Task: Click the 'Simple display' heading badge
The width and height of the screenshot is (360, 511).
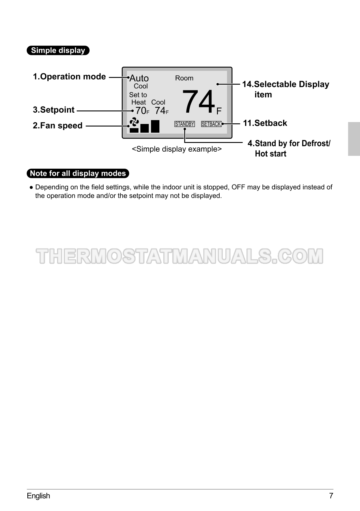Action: click(x=58, y=51)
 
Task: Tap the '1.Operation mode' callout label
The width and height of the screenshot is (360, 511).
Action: click(x=69, y=77)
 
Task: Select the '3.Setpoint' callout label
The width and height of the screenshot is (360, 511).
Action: click(x=53, y=110)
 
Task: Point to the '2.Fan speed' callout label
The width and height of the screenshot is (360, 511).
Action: click(x=58, y=126)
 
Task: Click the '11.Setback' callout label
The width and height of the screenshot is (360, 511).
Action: click(x=265, y=123)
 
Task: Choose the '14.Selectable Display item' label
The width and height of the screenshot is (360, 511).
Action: click(x=285, y=89)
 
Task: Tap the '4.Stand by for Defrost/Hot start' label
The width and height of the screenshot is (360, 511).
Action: click(x=289, y=148)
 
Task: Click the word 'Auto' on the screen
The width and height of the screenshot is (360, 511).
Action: click(x=139, y=78)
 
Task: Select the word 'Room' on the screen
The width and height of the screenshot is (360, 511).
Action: click(x=184, y=78)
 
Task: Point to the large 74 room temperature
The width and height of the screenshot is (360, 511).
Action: click(x=199, y=101)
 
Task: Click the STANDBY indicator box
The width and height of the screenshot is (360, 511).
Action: click(x=185, y=124)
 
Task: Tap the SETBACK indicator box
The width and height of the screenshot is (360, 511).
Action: click(x=211, y=124)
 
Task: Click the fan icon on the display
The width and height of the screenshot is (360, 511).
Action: click(x=134, y=122)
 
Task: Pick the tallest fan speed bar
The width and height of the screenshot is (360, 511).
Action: click(x=155, y=126)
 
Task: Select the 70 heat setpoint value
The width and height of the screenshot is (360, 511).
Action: click(x=141, y=111)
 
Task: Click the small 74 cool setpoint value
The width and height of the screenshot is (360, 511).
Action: click(x=160, y=111)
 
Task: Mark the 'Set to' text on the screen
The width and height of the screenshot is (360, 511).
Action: click(x=138, y=95)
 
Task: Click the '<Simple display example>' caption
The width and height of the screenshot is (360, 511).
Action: click(x=177, y=149)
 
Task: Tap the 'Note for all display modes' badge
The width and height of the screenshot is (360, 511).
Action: click(x=78, y=174)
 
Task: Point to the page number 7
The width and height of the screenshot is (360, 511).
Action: click(x=331, y=496)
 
